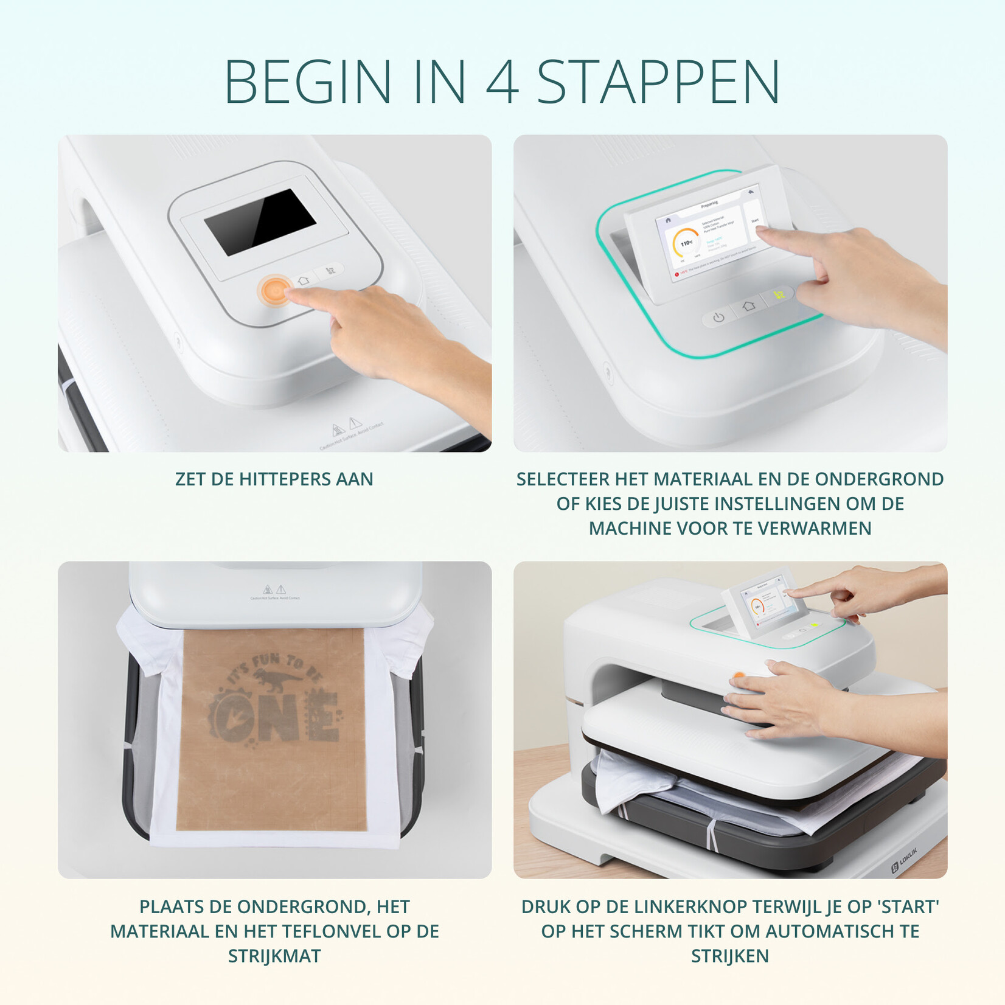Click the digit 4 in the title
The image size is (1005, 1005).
pyautogui.click(x=502, y=83)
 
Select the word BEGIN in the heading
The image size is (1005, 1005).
pyautogui.click(x=308, y=83)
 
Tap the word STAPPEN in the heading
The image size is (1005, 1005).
pyautogui.click(x=658, y=83)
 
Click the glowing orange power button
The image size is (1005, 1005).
pyautogui.click(x=275, y=290)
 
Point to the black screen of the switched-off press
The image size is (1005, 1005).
pyautogui.click(x=260, y=221)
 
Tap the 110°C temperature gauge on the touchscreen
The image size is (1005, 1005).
pyautogui.click(x=686, y=243)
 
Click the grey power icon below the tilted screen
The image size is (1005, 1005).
pyautogui.click(x=718, y=317)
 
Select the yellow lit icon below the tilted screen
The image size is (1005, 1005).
pyautogui.click(x=779, y=296)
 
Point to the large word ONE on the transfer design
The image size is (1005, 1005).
pyautogui.click(x=274, y=718)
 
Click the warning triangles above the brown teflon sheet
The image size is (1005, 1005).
pyautogui.click(x=274, y=589)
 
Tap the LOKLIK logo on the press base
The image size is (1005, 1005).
pyautogui.click(x=904, y=858)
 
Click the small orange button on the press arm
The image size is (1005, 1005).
pyautogui.click(x=738, y=675)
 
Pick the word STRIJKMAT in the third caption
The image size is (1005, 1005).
pyautogui.click(x=274, y=956)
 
